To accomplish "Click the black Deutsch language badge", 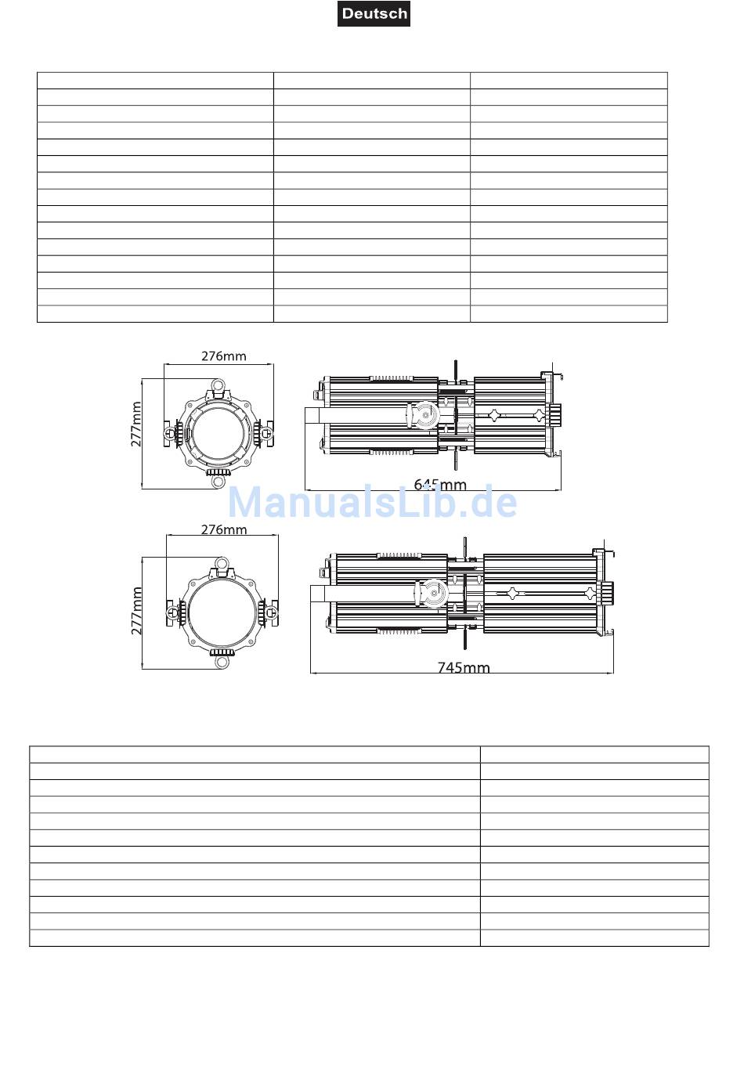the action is coord(374,13).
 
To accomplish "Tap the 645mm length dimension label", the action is coord(440,484).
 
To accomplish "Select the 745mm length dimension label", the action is coord(464,667).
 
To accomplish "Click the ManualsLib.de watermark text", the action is coord(372,502).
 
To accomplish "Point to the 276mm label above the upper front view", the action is coord(224,356).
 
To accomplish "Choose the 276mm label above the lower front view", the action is coord(224,529).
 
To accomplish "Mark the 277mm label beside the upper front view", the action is coord(136,424).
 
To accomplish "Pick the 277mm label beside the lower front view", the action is coord(136,611).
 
